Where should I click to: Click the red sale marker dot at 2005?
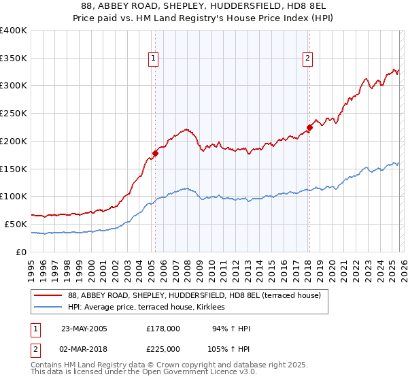(x=155, y=153)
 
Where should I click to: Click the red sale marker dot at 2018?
(x=309, y=127)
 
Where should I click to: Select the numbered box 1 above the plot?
(x=154, y=59)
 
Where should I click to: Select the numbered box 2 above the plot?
(x=308, y=59)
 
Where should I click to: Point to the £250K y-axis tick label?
(x=14, y=113)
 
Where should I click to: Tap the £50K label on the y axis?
(x=16, y=224)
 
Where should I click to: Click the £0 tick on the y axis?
(x=22, y=252)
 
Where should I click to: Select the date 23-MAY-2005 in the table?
(x=84, y=329)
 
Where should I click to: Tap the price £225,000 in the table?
(x=163, y=348)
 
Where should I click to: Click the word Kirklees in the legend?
(x=220, y=308)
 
